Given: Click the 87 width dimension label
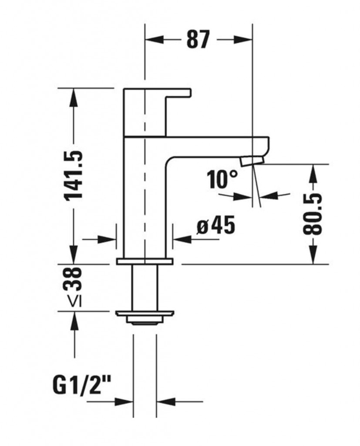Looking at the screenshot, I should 198,40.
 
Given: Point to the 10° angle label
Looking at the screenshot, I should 222,179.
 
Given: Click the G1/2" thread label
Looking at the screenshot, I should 83,385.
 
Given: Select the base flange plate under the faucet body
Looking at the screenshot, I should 145,261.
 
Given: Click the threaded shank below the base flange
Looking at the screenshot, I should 145,287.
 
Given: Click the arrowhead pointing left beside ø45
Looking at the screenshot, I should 181,239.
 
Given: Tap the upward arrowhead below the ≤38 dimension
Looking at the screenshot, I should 74,320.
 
